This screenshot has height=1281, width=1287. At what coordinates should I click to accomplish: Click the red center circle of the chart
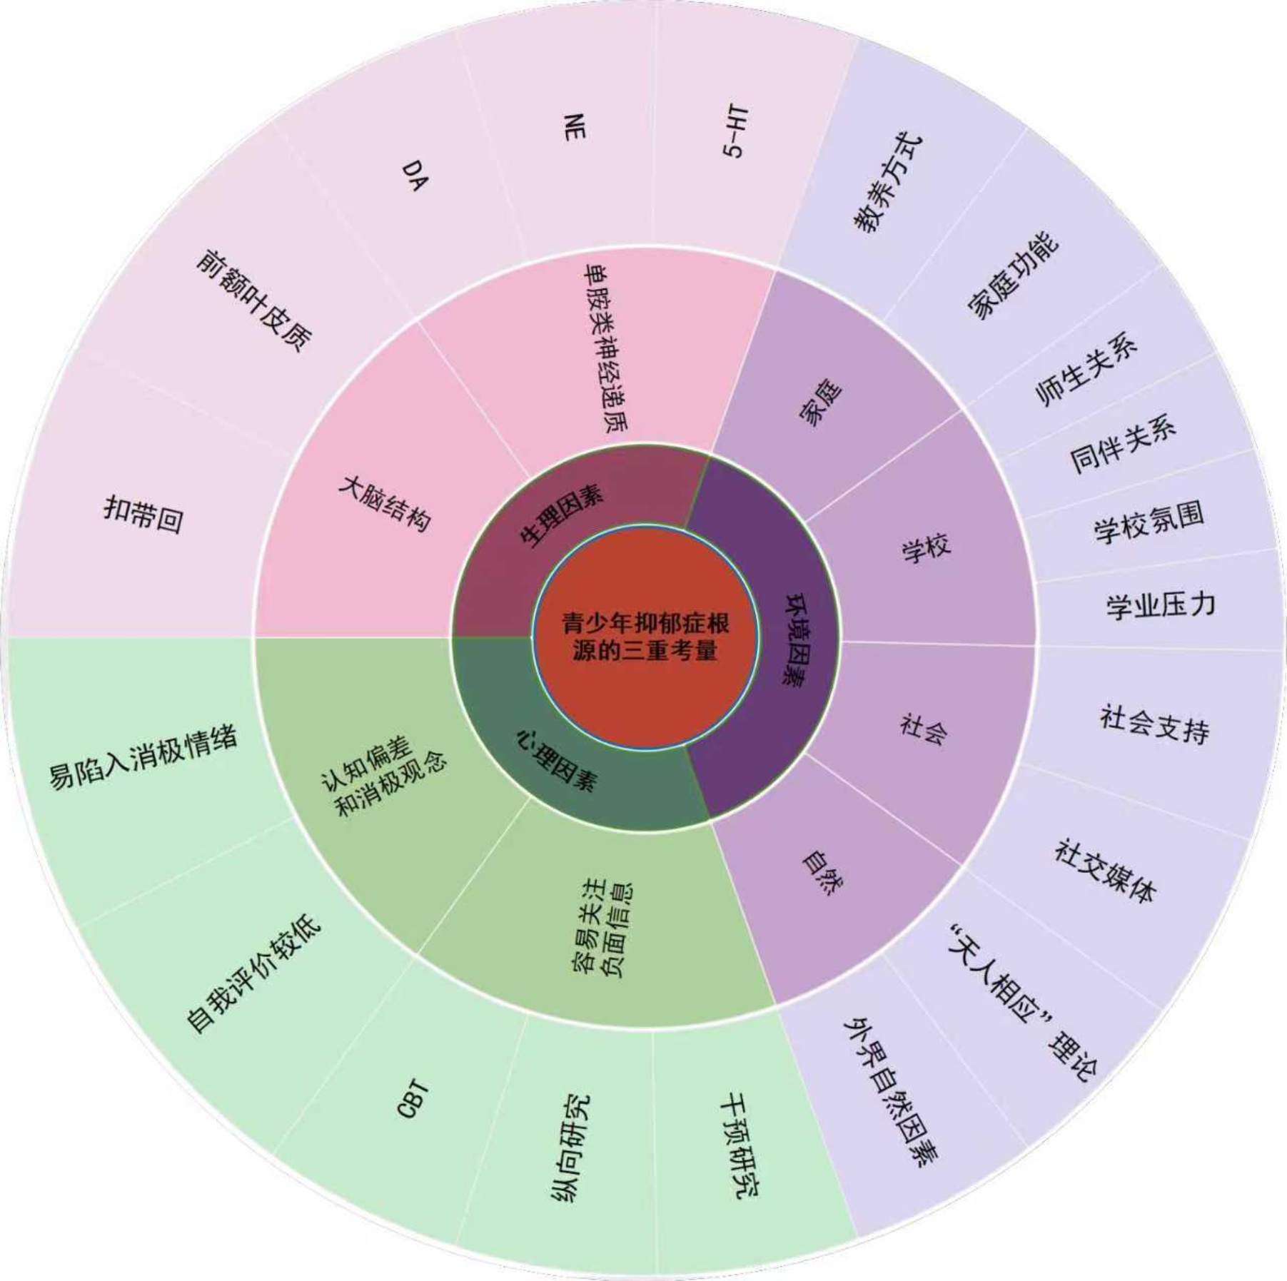[645, 637]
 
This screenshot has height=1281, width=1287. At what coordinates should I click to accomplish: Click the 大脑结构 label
[385, 503]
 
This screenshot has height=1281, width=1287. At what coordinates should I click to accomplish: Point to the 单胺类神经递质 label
[606, 348]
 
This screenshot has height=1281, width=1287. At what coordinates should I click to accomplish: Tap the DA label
[415, 175]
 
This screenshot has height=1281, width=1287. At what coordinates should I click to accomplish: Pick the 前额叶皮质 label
[254, 300]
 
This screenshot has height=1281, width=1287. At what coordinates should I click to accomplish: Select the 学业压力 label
[1161, 605]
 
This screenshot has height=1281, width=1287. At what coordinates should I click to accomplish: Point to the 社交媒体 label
[1105, 871]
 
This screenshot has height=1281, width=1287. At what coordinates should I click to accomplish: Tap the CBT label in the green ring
[413, 1098]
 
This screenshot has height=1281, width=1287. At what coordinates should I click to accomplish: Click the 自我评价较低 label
[254, 974]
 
